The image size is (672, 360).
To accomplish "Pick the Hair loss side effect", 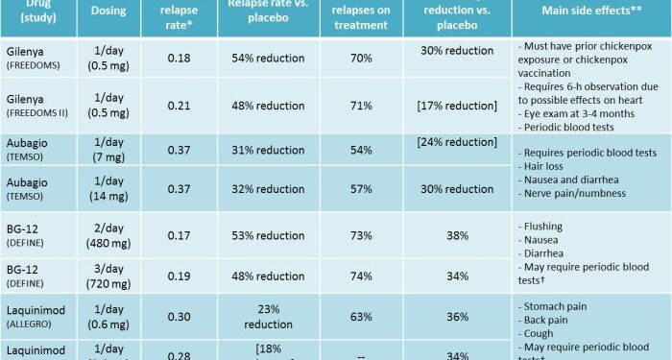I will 548,165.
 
